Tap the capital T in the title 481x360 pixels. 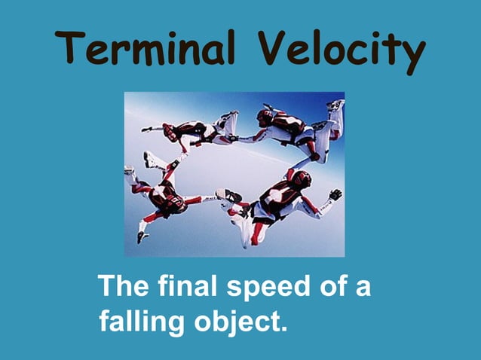[x=72, y=49]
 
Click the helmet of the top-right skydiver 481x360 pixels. [x=265, y=117]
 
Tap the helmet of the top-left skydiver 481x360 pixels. [x=171, y=132]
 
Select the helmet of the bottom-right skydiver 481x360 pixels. [x=301, y=179]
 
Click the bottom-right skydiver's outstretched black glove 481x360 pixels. [x=335, y=194]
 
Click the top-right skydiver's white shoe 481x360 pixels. [x=335, y=105]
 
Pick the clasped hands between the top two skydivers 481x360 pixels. [x=231, y=139]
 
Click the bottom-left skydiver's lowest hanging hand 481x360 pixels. [x=142, y=236]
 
